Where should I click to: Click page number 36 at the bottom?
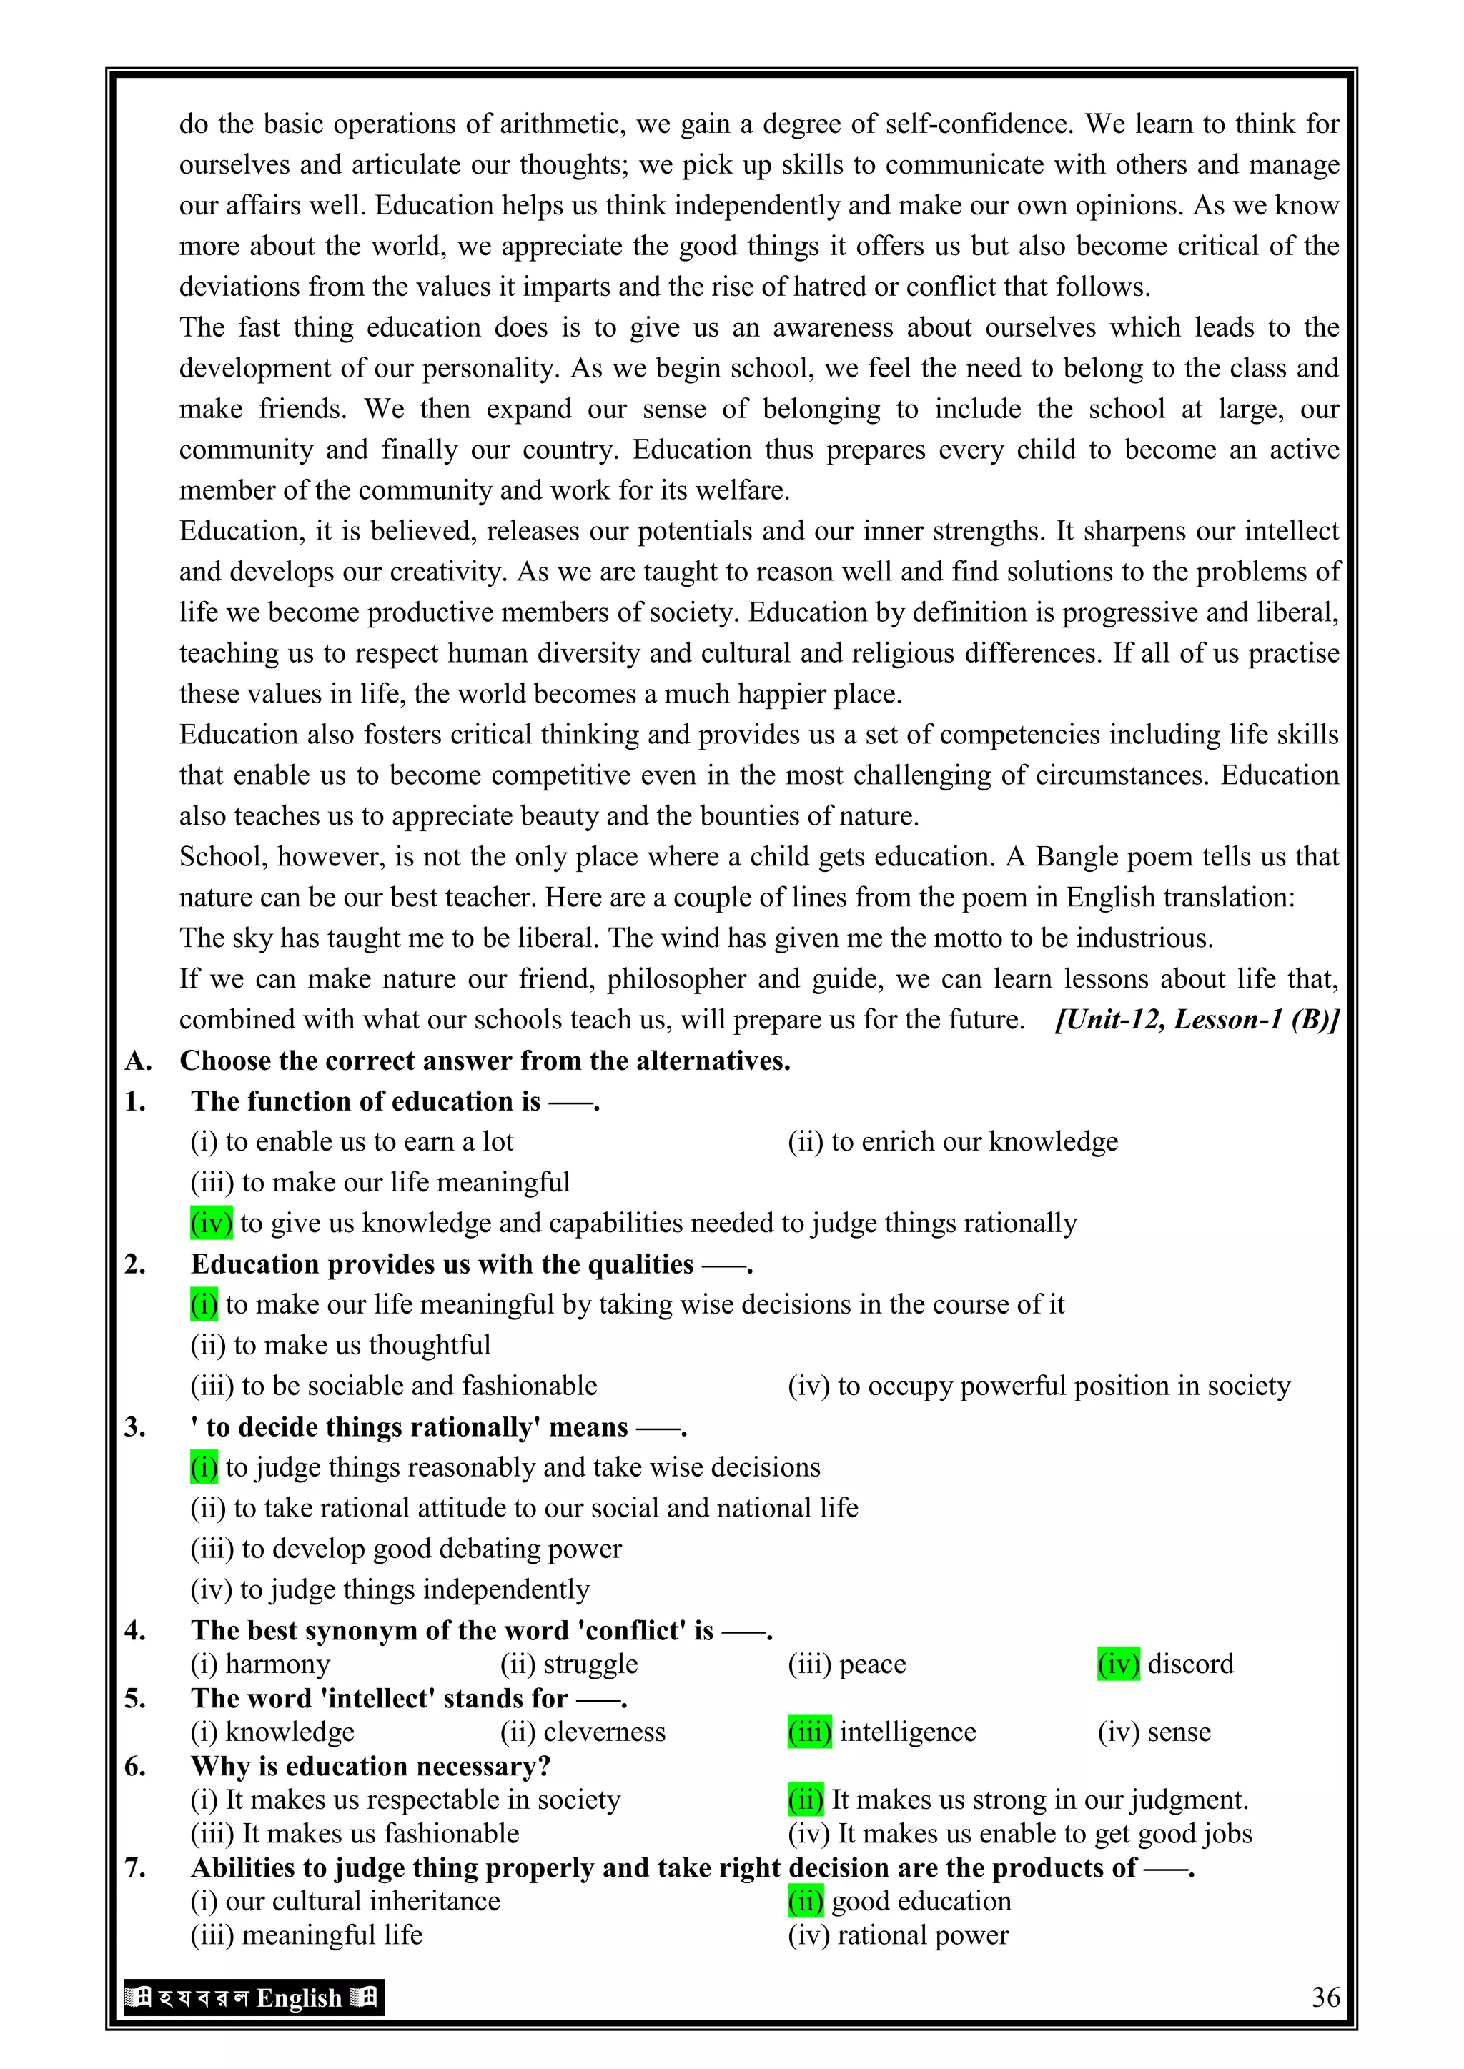pos(1325,1997)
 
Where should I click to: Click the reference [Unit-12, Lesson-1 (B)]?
pos(1196,1019)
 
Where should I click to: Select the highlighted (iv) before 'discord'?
pos(1119,1664)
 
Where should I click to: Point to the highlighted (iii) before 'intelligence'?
pos(808,1731)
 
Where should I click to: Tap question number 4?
pos(135,1630)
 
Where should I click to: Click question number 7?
pos(135,1867)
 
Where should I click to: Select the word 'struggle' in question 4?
pos(590,1664)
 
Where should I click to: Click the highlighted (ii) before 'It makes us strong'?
pos(805,1800)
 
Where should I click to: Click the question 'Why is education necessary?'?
pos(370,1765)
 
